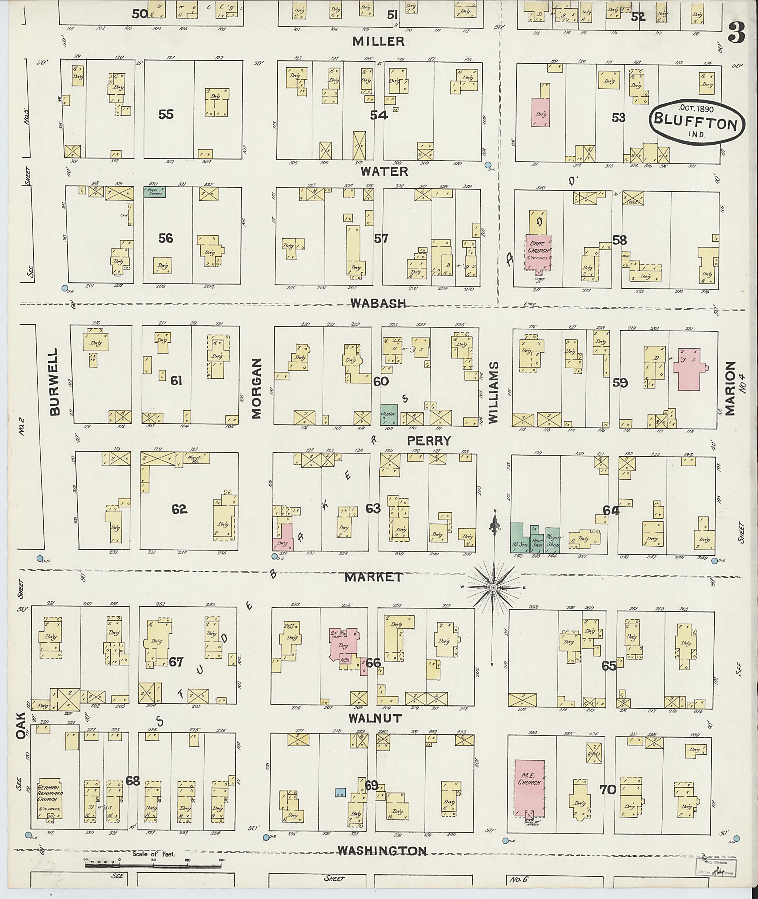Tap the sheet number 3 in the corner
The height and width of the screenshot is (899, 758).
click(736, 33)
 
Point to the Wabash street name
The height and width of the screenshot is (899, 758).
click(378, 303)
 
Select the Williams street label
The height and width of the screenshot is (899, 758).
click(494, 393)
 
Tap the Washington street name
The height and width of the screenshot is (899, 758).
click(382, 851)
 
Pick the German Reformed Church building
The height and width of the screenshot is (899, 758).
click(50, 798)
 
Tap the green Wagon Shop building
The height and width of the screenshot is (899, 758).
click(553, 540)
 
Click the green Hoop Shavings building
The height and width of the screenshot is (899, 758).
click(155, 192)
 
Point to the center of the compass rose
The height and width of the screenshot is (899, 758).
click(494, 587)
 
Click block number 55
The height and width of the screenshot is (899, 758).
click(166, 114)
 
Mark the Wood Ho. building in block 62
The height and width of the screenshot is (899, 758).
click(192, 458)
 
